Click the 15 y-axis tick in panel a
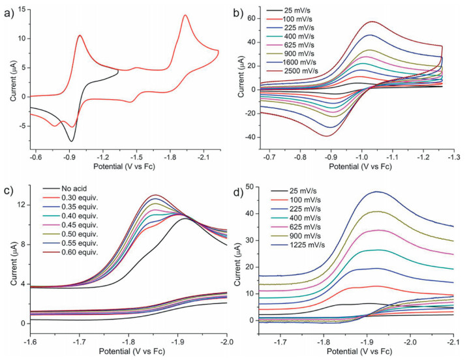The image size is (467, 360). coord(25,10)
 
